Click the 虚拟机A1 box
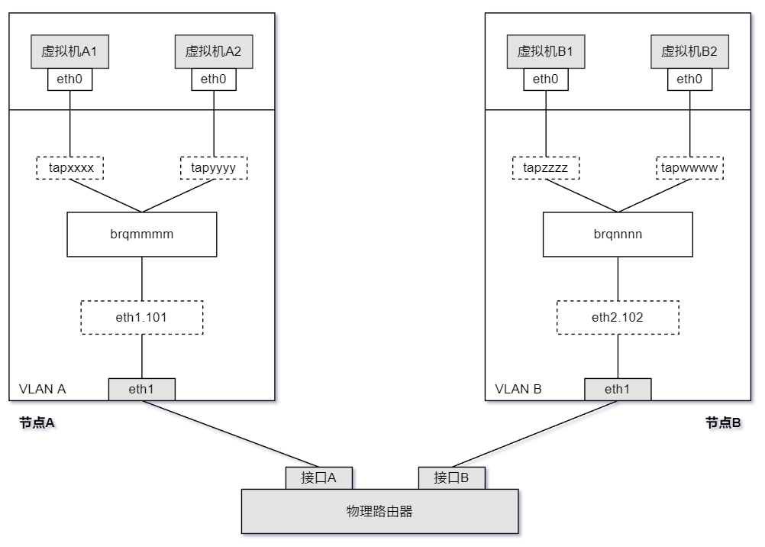tap(69, 52)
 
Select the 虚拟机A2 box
tap(214, 52)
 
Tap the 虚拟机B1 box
tap(545, 52)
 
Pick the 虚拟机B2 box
tap(689, 52)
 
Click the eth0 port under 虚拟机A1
tap(69, 79)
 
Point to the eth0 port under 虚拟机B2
tap(689, 79)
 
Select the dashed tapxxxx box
tap(69, 167)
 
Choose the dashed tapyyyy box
tap(214, 167)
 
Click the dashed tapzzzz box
tap(545, 167)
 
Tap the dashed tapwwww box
tap(689, 167)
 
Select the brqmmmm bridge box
tap(142, 235)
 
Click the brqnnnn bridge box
tap(618, 235)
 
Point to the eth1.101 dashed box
tap(142, 317)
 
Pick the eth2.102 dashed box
tap(618, 317)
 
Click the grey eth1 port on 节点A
tap(142, 389)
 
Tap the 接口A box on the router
tap(320, 477)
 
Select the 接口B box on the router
tap(451, 477)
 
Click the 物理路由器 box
tap(379, 511)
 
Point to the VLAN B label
tap(518, 389)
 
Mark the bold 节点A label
tap(37, 422)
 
